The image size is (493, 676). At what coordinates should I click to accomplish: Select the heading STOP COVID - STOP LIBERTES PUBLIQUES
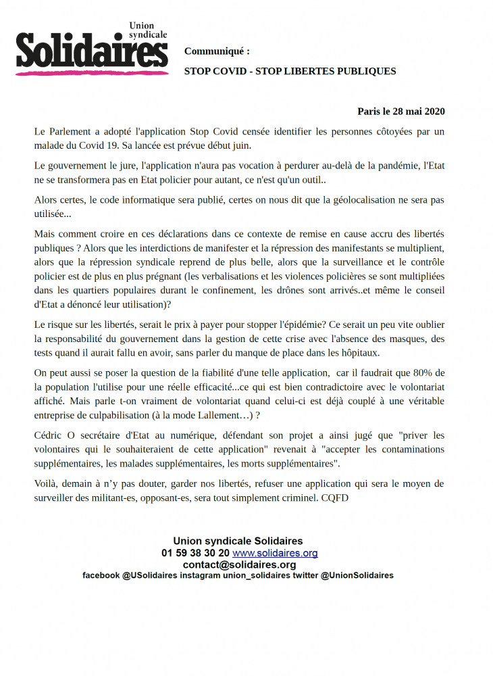290,71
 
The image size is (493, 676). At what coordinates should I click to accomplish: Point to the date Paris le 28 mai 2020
400,111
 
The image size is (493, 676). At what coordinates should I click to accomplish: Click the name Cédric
50,436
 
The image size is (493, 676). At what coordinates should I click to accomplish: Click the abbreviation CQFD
334,498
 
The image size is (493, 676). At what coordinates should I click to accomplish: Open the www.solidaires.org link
275,553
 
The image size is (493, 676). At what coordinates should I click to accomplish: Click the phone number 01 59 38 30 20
195,553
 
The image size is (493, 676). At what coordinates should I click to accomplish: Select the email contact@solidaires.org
238,564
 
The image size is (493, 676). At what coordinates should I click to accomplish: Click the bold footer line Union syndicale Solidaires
238,541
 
